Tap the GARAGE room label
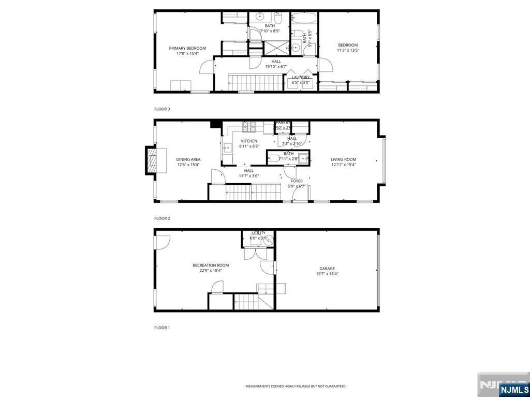click(327, 269)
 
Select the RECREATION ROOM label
click(211, 266)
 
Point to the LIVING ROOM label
click(344, 159)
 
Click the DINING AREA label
click(188, 159)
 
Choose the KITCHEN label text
click(249, 141)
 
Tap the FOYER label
click(297, 181)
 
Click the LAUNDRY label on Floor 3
click(301, 77)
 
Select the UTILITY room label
click(258, 233)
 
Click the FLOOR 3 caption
click(162, 109)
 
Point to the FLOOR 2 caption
click(162, 218)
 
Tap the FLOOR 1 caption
click(162, 328)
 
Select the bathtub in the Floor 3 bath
click(304, 19)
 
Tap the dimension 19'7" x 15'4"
click(327, 274)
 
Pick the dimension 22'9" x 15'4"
click(211, 271)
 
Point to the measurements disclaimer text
click(296, 386)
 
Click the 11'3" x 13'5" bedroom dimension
click(348, 51)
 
